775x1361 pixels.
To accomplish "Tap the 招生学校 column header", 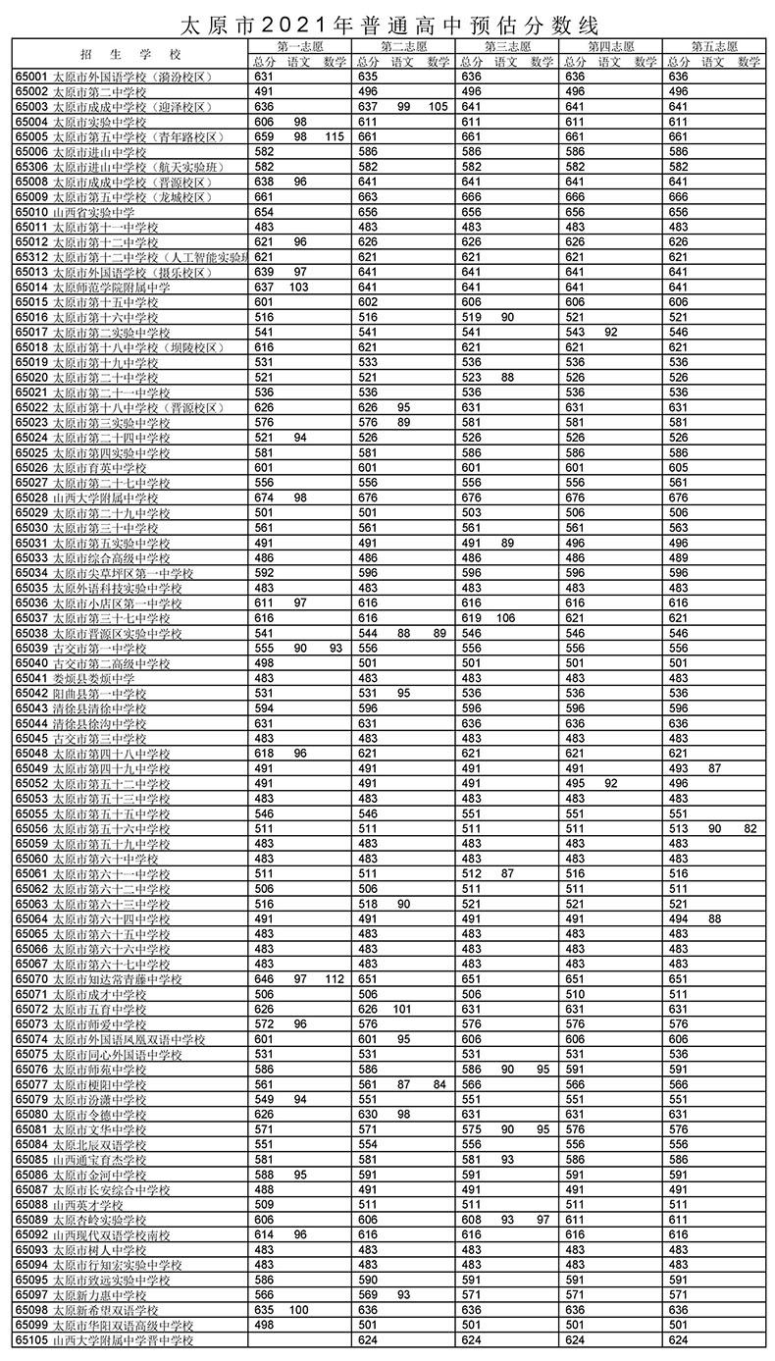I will (130, 54).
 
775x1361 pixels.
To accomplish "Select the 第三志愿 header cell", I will (507, 46).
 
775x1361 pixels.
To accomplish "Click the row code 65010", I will (31, 212).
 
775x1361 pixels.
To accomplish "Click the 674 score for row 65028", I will (264, 498).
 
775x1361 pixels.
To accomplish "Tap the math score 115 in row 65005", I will (335, 137).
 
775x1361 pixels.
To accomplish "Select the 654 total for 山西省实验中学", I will (264, 212).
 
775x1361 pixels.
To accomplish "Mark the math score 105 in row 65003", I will (438, 107).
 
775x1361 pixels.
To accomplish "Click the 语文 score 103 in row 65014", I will (299, 288).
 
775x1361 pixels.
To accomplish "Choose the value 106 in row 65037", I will (506, 618).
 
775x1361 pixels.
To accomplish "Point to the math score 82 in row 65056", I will (750, 829).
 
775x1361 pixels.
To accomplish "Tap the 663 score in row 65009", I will (368, 197).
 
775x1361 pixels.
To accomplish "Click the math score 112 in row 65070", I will (335, 979).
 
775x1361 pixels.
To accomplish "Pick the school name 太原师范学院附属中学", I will (111, 288).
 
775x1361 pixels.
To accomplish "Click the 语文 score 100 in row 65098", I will (299, 1310).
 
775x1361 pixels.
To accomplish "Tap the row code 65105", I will (31, 1340).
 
